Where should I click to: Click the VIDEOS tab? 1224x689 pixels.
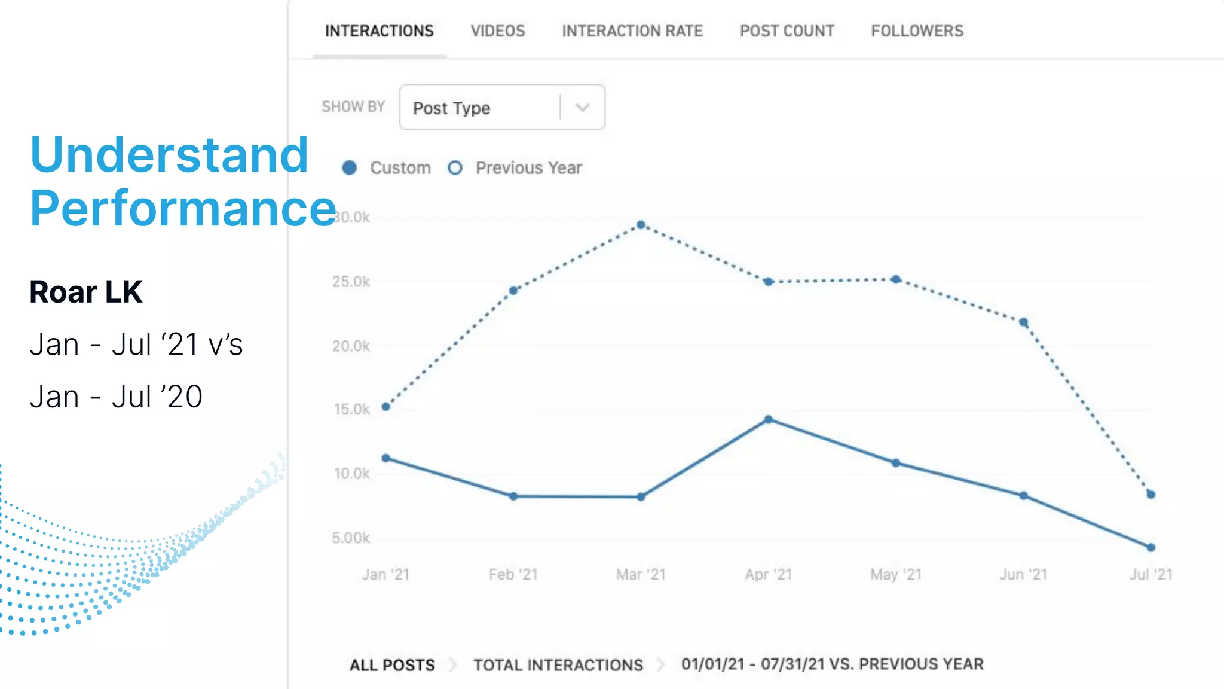(497, 31)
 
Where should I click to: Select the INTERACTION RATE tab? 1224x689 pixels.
(632, 31)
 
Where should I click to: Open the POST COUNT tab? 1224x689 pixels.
(787, 31)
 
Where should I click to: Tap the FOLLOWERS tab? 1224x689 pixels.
(917, 31)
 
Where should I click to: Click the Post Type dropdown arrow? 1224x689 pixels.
(582, 108)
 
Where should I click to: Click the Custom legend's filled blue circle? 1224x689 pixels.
(350, 168)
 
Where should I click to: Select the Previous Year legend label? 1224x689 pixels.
(528, 168)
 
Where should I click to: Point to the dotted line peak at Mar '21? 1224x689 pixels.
(641, 225)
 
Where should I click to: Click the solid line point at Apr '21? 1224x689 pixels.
(769, 419)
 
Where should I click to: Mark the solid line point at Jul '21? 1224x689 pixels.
(1151, 547)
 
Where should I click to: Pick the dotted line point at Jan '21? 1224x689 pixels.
(386, 407)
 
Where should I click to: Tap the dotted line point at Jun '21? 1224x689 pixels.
(1023, 322)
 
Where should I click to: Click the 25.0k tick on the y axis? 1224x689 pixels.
(351, 282)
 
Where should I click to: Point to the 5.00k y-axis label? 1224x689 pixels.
(351, 538)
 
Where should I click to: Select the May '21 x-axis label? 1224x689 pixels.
(895, 574)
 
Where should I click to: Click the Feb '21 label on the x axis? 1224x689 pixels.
(513, 574)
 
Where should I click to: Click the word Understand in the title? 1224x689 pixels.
(169, 155)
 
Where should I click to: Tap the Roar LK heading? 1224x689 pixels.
(86, 292)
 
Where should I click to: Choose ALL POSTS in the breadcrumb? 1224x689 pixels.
(392, 665)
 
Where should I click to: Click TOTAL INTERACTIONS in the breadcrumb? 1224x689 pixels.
(558, 665)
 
